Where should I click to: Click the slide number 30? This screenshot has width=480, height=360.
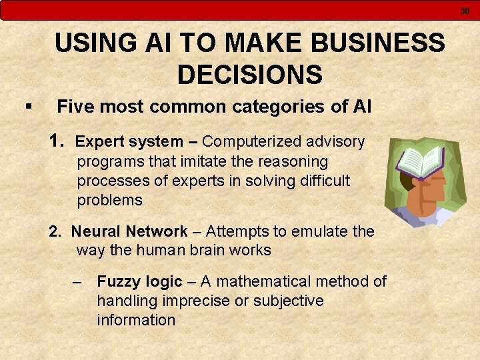point(465,11)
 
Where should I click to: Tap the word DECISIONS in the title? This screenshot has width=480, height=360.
point(249,74)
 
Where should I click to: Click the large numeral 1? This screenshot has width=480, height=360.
point(57,141)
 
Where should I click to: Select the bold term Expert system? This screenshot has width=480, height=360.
point(129,142)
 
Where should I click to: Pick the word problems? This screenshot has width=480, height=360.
point(110,200)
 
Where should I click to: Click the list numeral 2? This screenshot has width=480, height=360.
point(55,232)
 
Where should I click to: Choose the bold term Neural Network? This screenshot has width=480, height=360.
point(129,232)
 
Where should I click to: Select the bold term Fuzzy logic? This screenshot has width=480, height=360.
point(139,282)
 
